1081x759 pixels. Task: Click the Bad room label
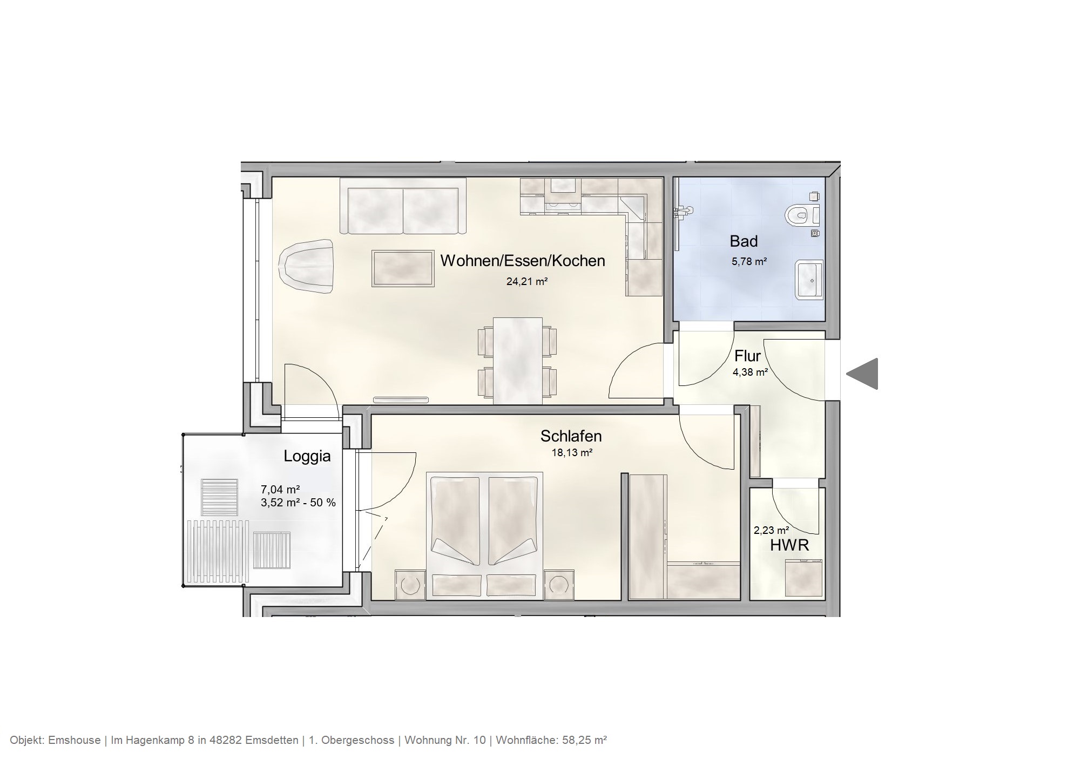coord(744,241)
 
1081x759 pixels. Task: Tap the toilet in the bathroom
coord(801,216)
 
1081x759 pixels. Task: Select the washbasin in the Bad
coord(809,280)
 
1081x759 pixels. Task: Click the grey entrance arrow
coord(863,374)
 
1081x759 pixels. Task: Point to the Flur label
coord(747,356)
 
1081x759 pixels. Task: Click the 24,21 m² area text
coord(527,281)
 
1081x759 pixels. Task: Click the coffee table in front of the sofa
coord(403,268)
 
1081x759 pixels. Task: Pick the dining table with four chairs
coord(518,360)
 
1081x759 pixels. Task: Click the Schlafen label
coord(571,436)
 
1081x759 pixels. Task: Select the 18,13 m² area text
coord(572,453)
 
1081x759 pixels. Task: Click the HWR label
coord(789,546)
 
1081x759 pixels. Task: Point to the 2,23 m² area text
coord(771,530)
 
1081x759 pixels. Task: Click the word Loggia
coord(307,456)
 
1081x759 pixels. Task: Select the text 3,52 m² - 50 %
coord(298,503)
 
